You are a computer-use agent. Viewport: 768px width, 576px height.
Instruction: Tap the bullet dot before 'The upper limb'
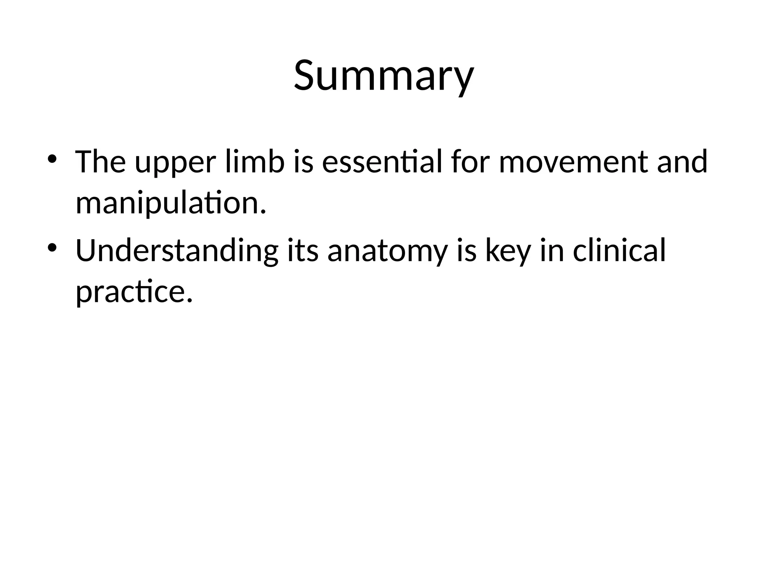click(52, 158)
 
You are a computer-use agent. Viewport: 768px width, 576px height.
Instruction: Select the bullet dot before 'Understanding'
click(52, 247)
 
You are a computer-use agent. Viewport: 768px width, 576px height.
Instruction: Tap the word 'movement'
click(573, 162)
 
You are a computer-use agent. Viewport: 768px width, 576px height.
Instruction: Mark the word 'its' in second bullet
click(303, 250)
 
